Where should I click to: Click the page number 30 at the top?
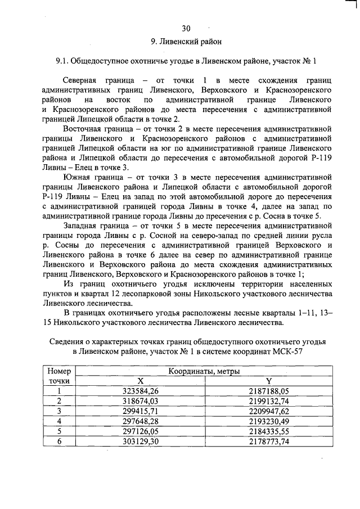point(186,28)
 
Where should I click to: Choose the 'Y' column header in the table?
point(269,381)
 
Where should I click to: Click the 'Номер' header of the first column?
point(59,371)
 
